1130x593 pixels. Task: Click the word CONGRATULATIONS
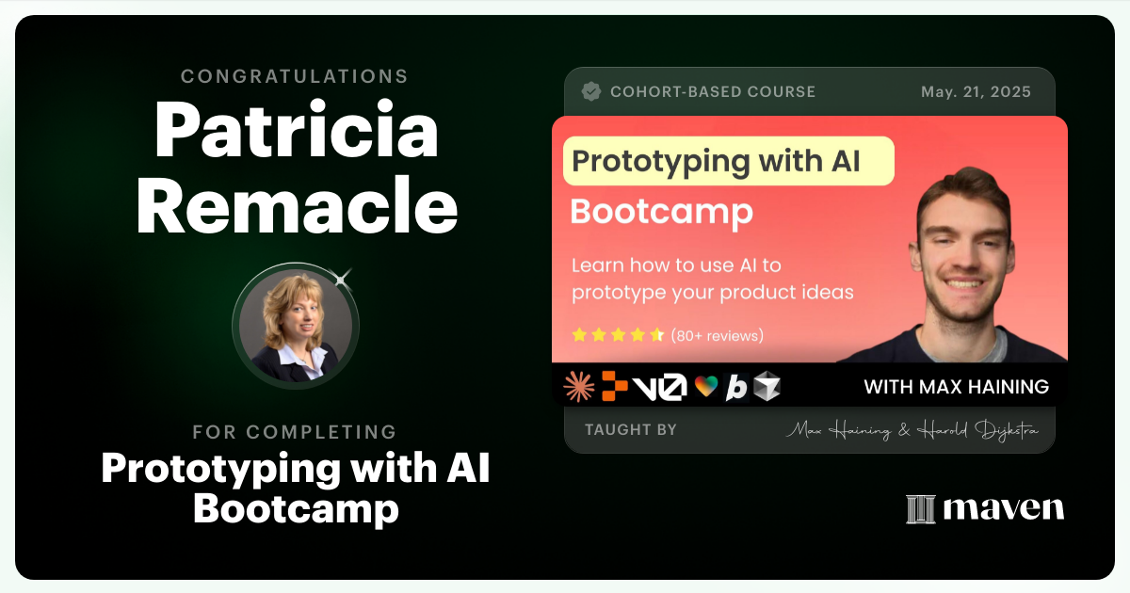click(295, 76)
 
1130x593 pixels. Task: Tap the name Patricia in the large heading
click(297, 132)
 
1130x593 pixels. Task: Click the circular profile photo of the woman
click(296, 327)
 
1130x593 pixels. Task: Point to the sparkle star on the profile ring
click(341, 279)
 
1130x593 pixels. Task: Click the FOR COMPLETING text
click(295, 432)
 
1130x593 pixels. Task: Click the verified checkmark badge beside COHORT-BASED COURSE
click(591, 91)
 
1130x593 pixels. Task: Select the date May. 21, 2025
click(976, 92)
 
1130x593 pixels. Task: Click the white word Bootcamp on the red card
click(661, 212)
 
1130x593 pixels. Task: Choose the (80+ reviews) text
click(718, 335)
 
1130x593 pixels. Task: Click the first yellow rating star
click(580, 335)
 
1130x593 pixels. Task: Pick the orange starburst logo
click(578, 386)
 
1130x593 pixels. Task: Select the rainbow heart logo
click(706, 387)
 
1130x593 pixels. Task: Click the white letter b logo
click(736, 387)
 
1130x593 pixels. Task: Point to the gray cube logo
click(767, 386)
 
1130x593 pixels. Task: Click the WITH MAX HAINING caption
click(956, 387)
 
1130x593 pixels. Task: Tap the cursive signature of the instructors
click(911, 431)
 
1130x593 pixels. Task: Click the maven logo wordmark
click(985, 508)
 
